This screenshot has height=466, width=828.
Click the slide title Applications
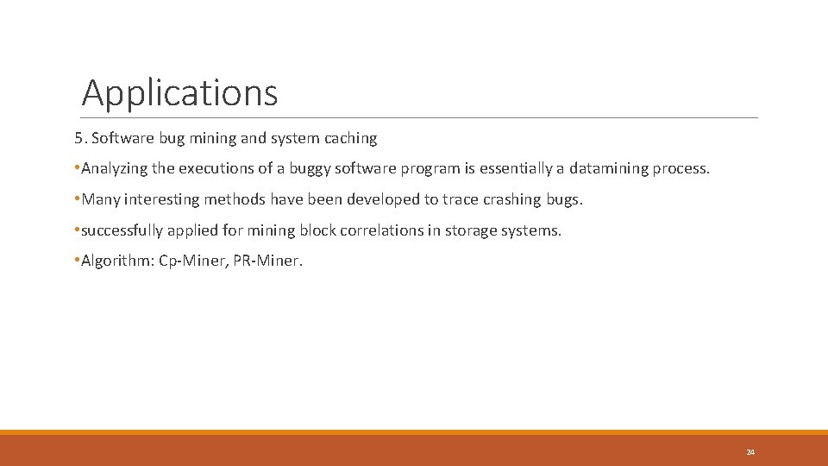[x=179, y=92]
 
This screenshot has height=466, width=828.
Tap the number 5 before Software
[x=78, y=138]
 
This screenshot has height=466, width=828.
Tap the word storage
[x=473, y=231]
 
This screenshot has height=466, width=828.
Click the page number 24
[x=750, y=452]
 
